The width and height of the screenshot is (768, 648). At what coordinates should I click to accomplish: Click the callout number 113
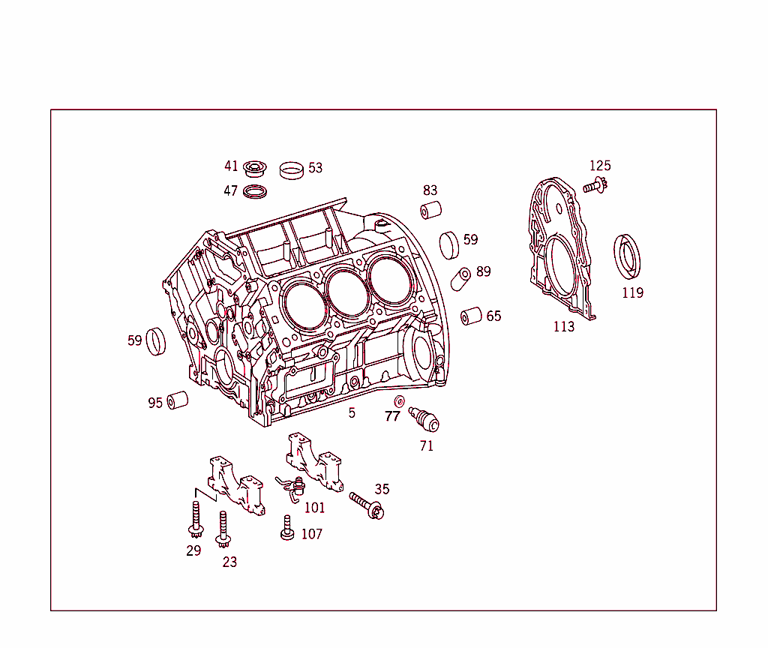tap(563, 326)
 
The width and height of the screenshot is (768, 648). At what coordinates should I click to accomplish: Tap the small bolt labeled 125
tap(595, 185)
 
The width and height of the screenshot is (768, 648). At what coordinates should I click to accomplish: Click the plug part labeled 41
tap(256, 167)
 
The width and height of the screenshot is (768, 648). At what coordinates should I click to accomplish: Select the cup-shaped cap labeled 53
tap(292, 169)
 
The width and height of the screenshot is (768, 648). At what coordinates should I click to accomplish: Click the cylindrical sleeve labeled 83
tap(430, 211)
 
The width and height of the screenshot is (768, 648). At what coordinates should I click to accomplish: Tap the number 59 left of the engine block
tap(134, 340)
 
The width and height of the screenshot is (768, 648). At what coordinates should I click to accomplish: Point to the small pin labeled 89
tap(460, 280)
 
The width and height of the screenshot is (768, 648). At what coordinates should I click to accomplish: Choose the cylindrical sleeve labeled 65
tap(471, 316)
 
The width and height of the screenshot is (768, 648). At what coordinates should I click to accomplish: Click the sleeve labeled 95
tap(177, 400)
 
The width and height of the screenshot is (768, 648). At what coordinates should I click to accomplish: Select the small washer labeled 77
tap(399, 400)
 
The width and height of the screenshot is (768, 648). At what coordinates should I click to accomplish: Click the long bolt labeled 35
tap(367, 505)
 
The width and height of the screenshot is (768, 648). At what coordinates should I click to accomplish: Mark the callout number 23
tap(229, 562)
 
